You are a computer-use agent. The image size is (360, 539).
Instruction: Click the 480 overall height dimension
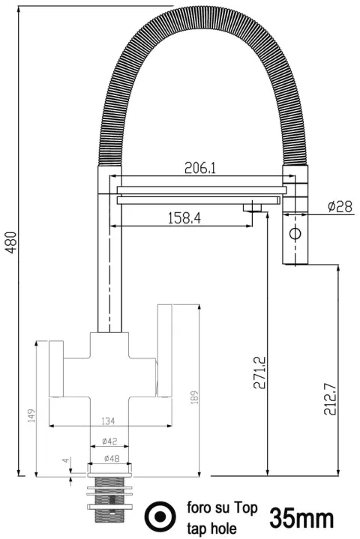(x=12, y=243)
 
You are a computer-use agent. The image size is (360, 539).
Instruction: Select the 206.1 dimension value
(x=200, y=168)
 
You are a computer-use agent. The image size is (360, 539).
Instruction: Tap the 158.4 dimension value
(x=184, y=218)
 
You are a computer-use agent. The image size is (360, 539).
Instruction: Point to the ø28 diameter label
(x=340, y=207)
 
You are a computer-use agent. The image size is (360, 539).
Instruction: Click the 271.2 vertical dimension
(x=260, y=373)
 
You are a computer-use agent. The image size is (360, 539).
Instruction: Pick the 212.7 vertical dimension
(x=331, y=399)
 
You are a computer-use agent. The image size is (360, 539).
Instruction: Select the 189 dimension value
(x=194, y=397)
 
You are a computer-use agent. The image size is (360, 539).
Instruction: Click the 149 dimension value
(x=31, y=416)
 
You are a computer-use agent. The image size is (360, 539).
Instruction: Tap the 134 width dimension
(x=108, y=421)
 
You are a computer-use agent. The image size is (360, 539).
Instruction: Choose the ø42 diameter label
(x=109, y=442)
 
